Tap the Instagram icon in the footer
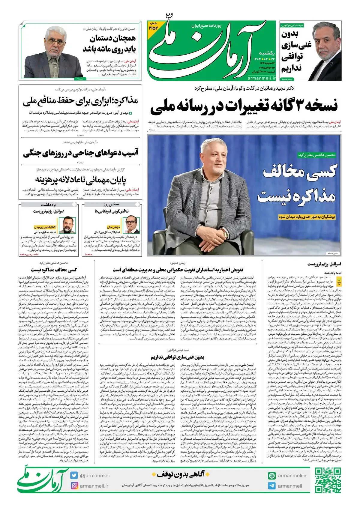coord(74,486)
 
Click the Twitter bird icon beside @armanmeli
coord(74,475)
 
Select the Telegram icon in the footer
coord(272,486)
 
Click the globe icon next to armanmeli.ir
coord(272,476)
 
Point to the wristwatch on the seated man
coord(225,235)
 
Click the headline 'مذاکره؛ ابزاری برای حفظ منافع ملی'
coord(80,101)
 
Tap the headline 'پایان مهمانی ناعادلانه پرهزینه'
coord(80,180)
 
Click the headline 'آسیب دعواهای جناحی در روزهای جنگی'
coord(80,153)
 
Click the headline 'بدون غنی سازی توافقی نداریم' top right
coord(295,52)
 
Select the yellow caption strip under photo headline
coord(307,217)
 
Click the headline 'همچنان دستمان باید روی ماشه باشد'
coord(109,43)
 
